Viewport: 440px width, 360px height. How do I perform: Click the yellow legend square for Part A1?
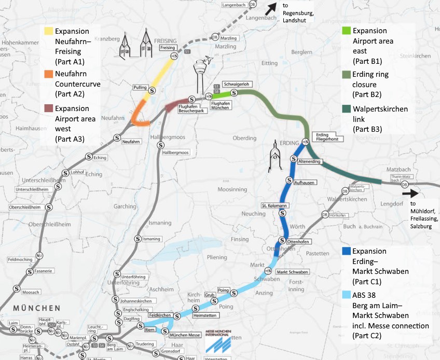click(48, 31)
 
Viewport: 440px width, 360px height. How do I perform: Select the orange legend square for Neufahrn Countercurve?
click(48, 74)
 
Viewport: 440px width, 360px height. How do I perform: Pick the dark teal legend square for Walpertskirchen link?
click(346, 109)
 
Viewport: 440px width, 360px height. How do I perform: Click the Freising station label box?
click(167, 48)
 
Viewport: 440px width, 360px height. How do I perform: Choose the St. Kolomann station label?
click(274, 205)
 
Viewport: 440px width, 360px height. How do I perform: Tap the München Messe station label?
click(185, 335)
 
